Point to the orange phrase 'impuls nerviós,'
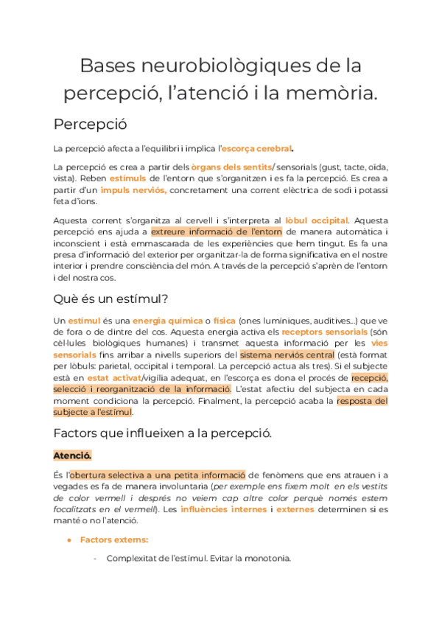click(x=133, y=189)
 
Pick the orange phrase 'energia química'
click(x=167, y=321)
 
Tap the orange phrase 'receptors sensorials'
click(x=318, y=332)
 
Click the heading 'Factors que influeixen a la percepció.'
click(x=164, y=433)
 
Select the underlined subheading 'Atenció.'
click(x=72, y=455)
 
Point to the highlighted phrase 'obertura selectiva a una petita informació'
click(x=158, y=475)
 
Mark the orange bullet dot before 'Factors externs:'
click(x=68, y=540)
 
